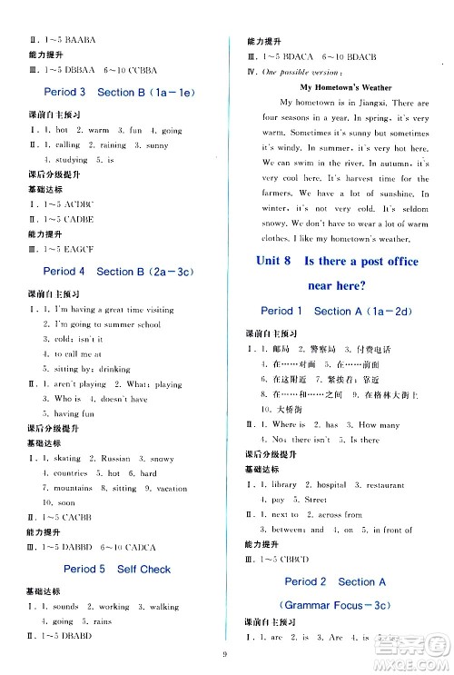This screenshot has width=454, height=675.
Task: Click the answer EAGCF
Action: coord(74,247)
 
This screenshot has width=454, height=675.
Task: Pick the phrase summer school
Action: coord(131,324)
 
